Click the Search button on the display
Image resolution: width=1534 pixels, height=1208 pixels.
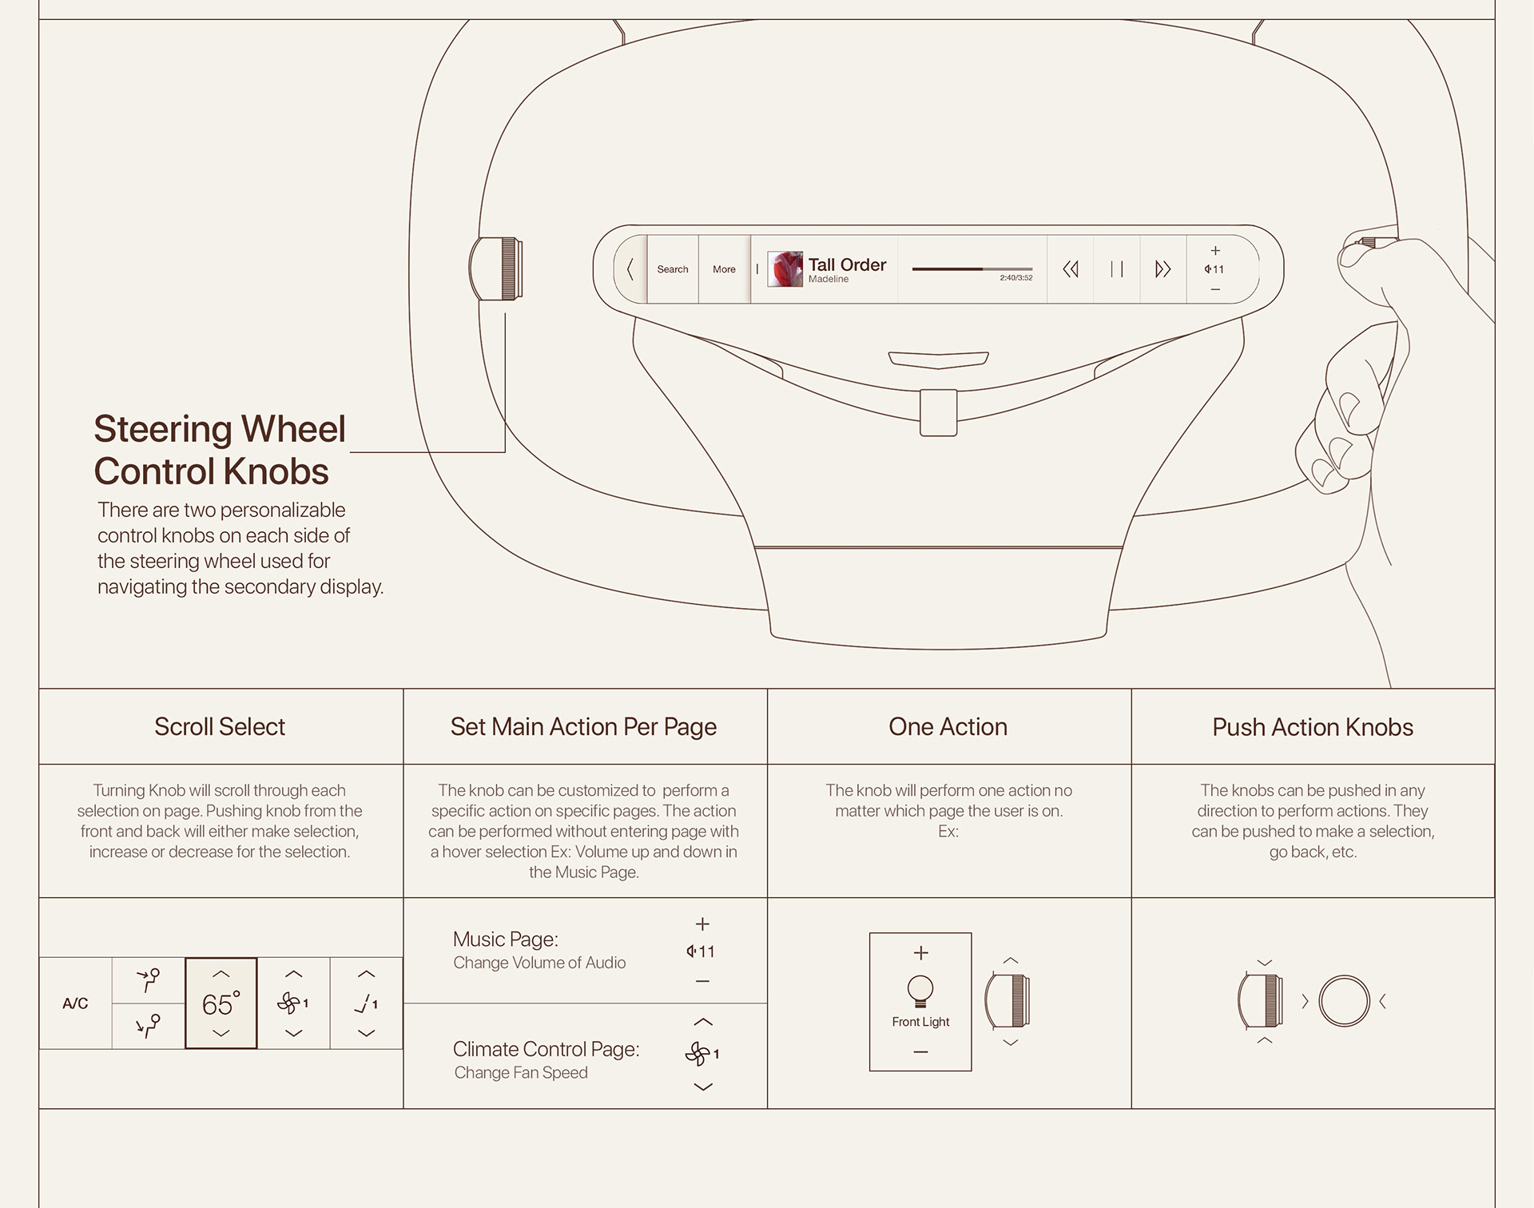point(672,269)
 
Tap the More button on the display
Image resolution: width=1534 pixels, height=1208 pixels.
point(724,269)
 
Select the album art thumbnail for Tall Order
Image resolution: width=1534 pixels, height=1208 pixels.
point(785,269)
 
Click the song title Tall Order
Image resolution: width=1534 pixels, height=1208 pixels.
point(847,264)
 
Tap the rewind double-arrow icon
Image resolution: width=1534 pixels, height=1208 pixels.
point(1071,269)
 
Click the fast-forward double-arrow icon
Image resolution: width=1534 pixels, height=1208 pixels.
point(1162,269)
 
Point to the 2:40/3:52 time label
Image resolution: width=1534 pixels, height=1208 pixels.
point(1015,278)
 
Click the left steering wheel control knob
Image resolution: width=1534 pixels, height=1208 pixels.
point(497,268)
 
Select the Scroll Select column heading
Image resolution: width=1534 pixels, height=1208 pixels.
point(220,727)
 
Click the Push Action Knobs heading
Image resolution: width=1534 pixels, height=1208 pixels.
point(1313,727)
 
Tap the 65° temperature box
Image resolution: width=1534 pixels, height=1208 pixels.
point(221,1003)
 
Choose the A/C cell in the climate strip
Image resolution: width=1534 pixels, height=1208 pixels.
point(75,1003)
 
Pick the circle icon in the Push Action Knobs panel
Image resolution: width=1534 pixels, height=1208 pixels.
point(1344,1001)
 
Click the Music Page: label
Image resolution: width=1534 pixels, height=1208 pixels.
point(505,939)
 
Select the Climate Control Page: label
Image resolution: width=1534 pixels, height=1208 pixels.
point(546,1049)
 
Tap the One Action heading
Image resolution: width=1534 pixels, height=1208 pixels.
point(948,727)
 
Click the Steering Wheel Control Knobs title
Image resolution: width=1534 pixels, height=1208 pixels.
point(220,450)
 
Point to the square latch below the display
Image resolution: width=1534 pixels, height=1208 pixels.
point(939,412)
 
